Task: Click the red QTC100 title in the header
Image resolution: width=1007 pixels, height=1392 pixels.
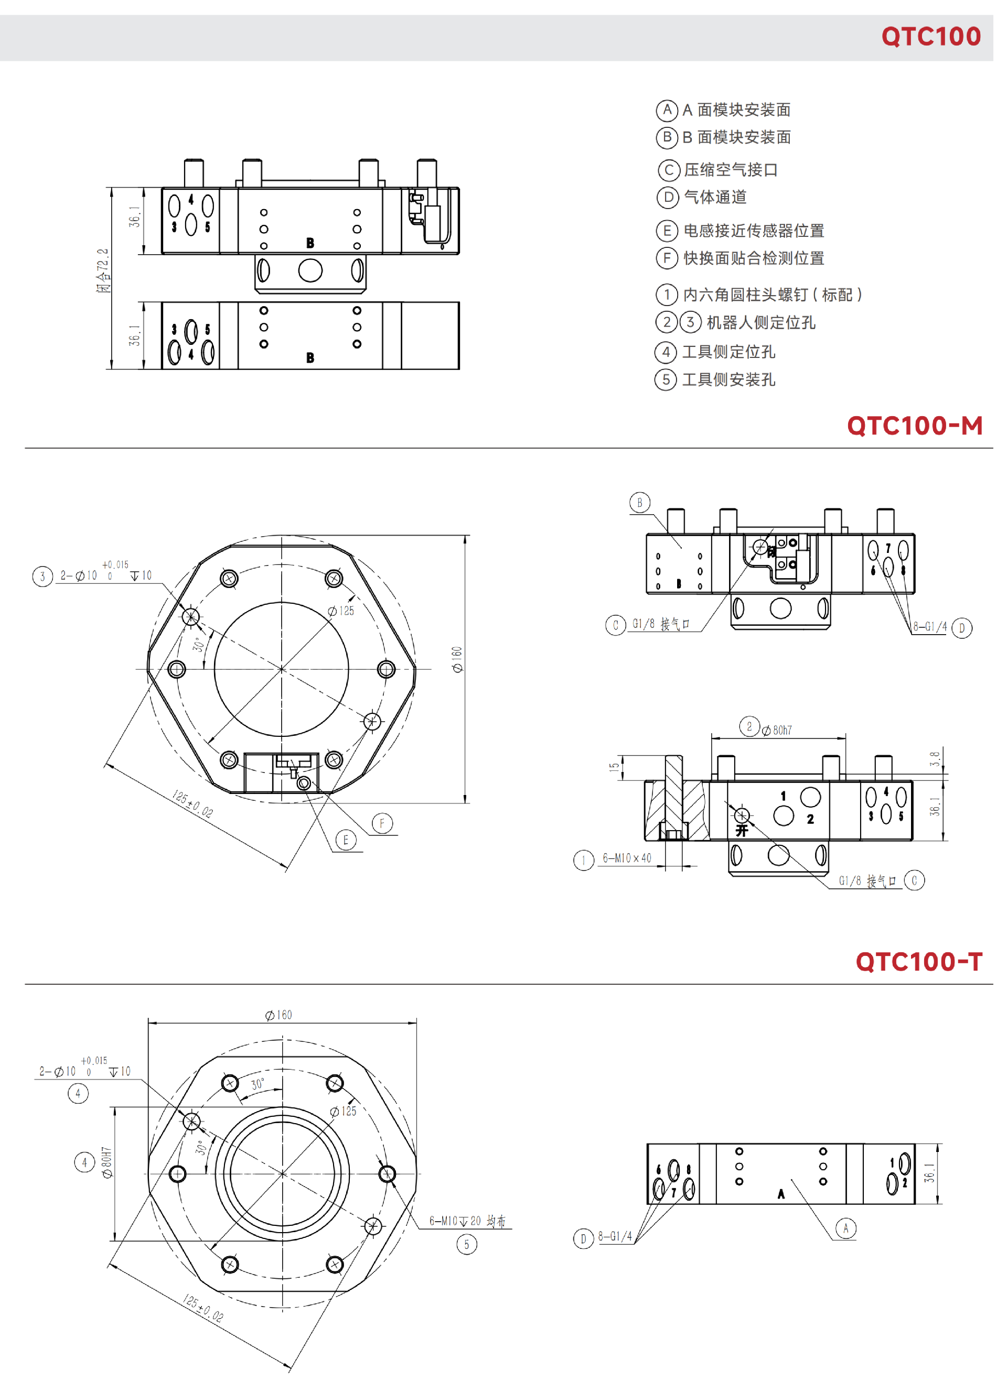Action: point(931,36)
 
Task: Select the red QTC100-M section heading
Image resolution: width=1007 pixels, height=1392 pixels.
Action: point(914,426)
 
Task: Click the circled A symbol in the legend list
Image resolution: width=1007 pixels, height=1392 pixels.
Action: point(667,110)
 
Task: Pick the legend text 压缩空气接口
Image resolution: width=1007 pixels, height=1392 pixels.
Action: point(731,169)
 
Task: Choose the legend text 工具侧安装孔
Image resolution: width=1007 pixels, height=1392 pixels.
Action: point(729,379)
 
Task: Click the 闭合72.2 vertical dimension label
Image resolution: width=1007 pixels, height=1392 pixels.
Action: point(103,270)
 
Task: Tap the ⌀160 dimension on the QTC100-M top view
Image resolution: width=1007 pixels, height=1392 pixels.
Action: point(457,659)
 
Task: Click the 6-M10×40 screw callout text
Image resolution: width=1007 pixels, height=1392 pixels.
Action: point(626,858)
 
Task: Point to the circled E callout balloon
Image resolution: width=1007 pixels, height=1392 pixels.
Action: point(345,840)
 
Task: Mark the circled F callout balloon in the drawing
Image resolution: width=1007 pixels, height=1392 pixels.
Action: point(382,823)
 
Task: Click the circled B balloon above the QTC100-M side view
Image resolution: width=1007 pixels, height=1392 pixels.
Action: point(640,503)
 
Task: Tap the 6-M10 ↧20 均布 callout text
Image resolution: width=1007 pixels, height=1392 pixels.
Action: point(467,1221)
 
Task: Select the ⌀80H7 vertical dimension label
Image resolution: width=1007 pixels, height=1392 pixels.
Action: point(107,1162)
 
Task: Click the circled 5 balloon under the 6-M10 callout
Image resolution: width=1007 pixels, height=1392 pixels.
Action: point(467,1244)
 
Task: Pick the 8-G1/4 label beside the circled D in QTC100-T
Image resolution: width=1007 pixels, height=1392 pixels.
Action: point(615,1236)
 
